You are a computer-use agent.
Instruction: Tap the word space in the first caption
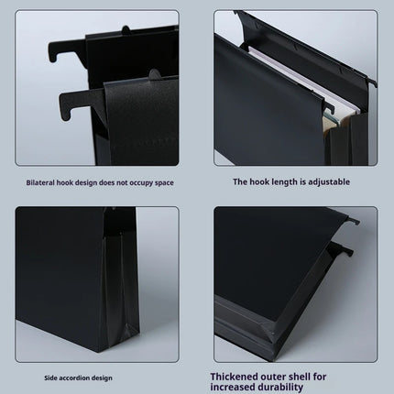pyautogui.click(x=164, y=182)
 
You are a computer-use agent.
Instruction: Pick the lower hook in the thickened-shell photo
pyautogui.click(x=343, y=249)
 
